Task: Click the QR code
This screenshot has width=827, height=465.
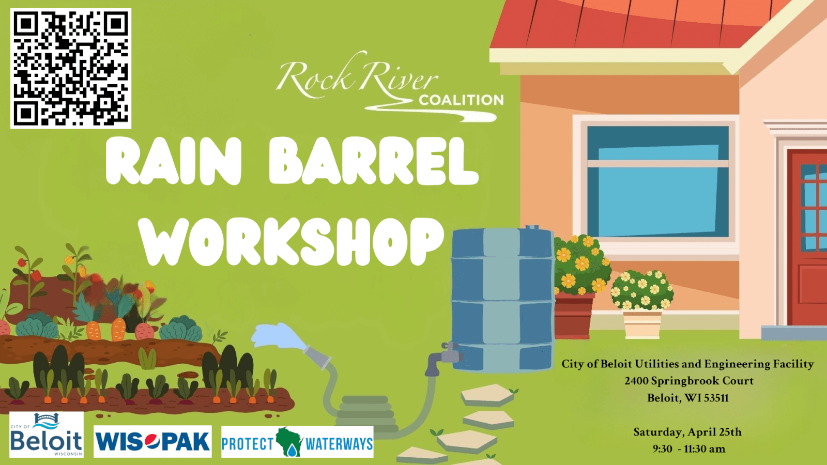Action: tap(71, 68)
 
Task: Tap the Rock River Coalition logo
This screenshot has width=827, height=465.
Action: tap(390, 87)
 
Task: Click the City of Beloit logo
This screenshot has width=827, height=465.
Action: tap(47, 435)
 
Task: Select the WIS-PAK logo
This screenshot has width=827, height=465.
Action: tap(152, 441)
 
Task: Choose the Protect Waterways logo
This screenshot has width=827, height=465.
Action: tap(297, 441)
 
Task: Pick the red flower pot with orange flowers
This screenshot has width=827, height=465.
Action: tap(574, 316)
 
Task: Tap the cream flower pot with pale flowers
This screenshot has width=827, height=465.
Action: tap(642, 324)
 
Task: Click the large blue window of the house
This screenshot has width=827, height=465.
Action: tap(658, 181)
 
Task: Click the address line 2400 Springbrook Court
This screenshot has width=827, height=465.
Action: tap(689, 380)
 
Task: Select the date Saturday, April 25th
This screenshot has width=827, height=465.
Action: tap(687, 432)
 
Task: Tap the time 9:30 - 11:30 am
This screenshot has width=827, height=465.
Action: tap(689, 449)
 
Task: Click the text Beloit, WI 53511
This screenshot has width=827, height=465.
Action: tap(688, 398)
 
